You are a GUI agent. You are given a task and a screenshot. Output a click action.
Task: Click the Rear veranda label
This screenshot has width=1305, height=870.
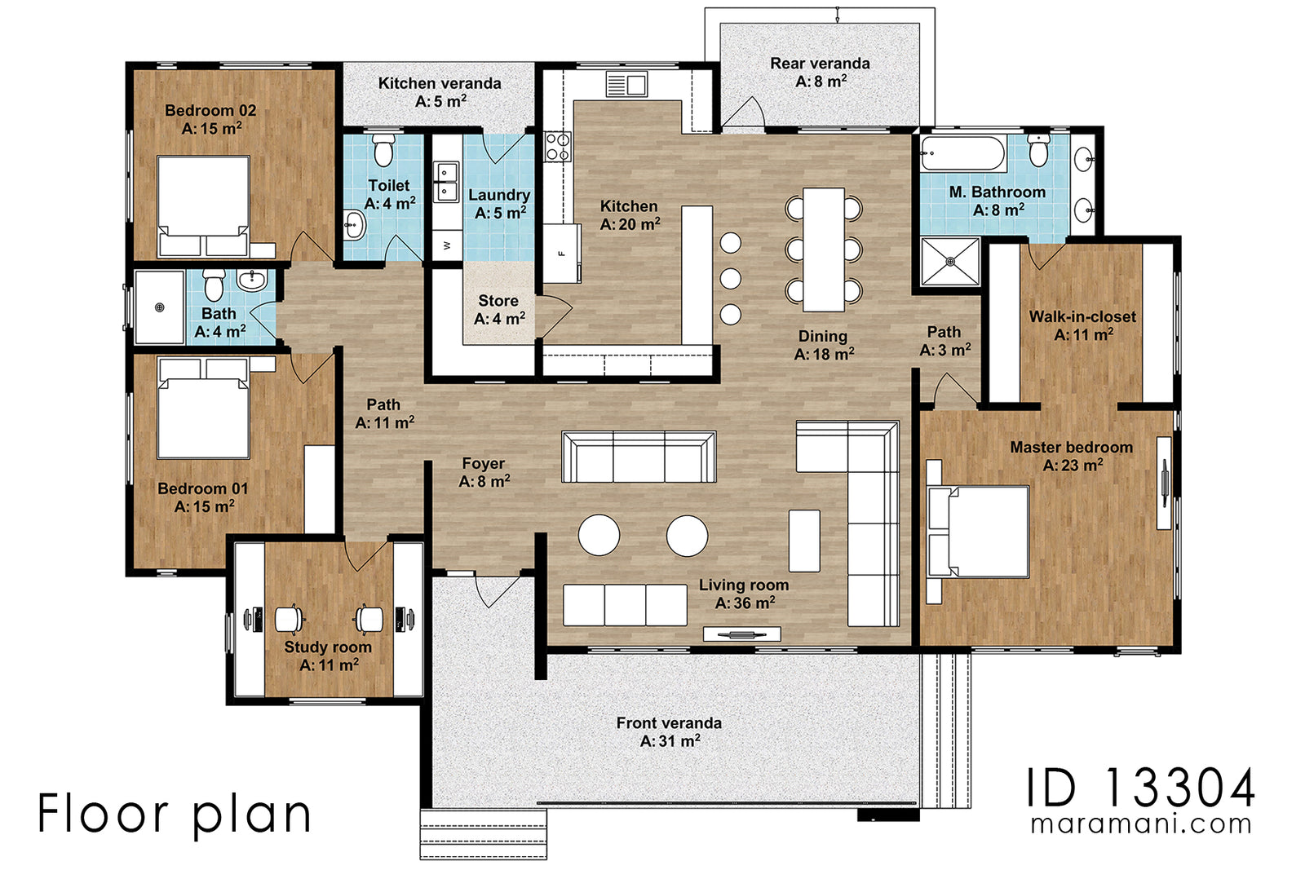click(x=820, y=64)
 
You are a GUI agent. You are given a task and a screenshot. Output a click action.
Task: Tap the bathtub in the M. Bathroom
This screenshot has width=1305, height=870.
click(x=962, y=153)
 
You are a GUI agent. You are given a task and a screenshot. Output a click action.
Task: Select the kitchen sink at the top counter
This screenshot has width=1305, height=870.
click(x=626, y=84)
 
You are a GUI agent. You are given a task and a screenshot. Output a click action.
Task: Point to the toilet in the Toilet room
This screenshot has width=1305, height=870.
click(x=383, y=150)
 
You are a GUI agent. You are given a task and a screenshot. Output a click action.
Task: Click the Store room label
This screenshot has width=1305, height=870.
click(x=498, y=301)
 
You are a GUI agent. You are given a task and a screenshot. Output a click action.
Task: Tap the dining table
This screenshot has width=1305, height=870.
click(x=824, y=249)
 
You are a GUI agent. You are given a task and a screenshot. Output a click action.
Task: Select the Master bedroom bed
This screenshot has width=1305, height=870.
click(x=979, y=532)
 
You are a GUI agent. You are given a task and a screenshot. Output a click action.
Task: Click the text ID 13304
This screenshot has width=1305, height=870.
click(x=1140, y=788)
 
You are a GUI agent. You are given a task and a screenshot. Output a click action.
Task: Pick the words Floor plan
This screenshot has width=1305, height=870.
click(x=175, y=814)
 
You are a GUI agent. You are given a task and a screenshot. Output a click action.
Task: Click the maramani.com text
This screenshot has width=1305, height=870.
click(x=1140, y=824)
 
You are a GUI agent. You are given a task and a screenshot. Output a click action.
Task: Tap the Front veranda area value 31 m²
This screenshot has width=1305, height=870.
click(x=670, y=741)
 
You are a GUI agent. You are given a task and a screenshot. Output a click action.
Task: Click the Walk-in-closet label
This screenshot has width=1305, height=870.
click(x=1082, y=316)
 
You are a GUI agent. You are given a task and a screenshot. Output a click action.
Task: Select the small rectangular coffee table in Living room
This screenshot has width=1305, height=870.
click(x=804, y=541)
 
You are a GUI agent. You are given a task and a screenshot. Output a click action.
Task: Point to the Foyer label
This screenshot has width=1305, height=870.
click(x=483, y=463)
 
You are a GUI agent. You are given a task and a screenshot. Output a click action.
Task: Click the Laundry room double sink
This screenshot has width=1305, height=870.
click(x=446, y=182)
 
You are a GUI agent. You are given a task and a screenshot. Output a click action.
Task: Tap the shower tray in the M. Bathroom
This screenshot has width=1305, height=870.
click(x=950, y=262)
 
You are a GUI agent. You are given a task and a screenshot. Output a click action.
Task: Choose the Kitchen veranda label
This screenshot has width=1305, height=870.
click(x=440, y=83)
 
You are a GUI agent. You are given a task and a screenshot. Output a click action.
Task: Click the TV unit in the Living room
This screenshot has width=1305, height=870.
click(x=742, y=634)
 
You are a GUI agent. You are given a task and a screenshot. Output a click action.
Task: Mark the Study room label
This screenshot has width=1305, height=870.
click(x=328, y=647)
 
